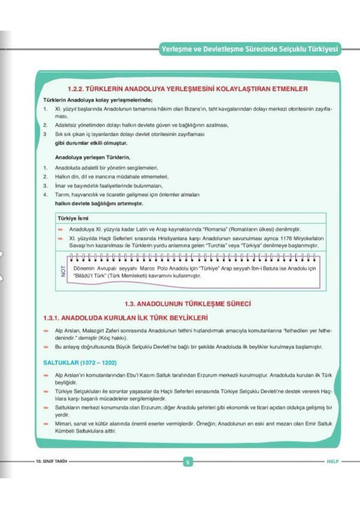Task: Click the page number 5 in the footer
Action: (x=187, y=462)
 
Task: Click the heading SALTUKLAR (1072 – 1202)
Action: (x=80, y=363)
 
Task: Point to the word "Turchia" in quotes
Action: (x=223, y=246)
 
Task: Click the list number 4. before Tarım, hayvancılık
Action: (x=45, y=195)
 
